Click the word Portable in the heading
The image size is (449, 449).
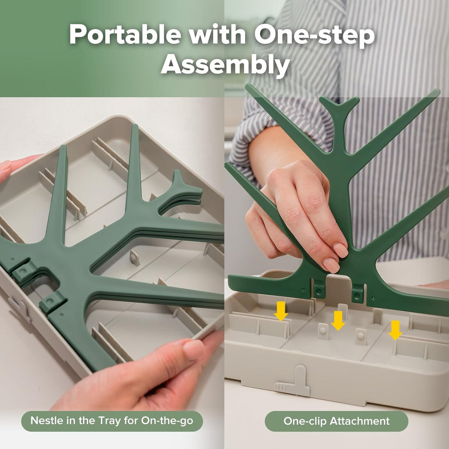click(x=125, y=35)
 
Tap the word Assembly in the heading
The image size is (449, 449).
click(x=225, y=65)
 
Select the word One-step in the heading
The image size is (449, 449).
click(x=314, y=36)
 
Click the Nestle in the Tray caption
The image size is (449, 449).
click(x=112, y=421)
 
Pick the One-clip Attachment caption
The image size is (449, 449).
click(x=336, y=421)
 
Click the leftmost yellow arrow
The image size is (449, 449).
click(x=281, y=311)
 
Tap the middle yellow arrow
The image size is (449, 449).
click(x=338, y=321)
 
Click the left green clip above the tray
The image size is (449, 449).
click(x=319, y=290)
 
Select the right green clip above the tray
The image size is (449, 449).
click(x=358, y=292)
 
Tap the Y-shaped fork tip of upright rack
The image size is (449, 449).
click(x=339, y=107)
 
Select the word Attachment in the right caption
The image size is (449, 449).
click(x=360, y=421)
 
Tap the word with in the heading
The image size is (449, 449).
click(x=217, y=35)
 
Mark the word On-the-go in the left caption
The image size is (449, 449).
click(x=167, y=420)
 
